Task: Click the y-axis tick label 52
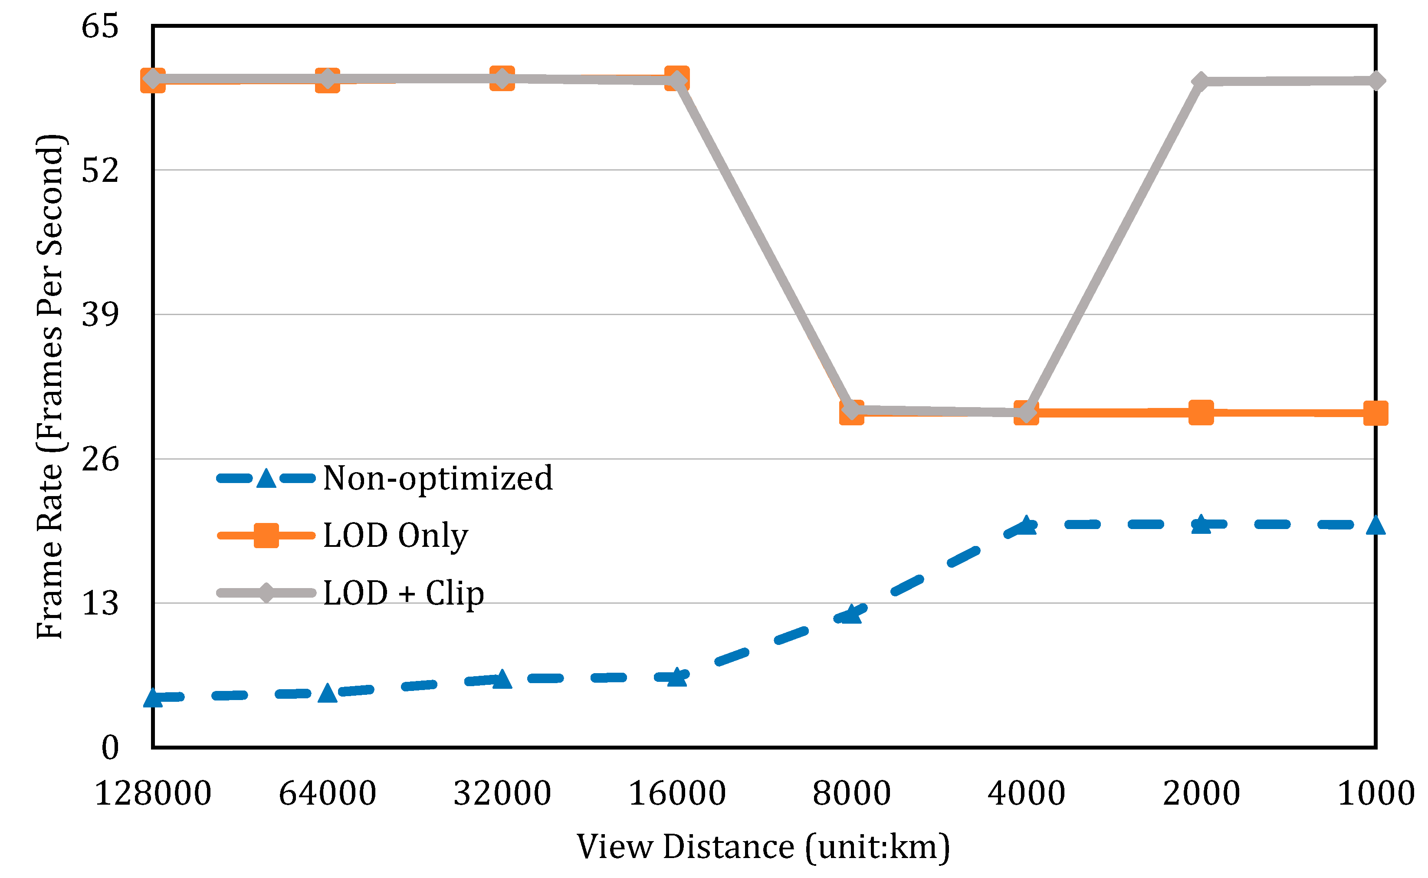click(100, 171)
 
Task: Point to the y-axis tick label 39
click(100, 315)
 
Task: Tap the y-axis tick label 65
click(100, 27)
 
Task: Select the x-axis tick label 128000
click(153, 793)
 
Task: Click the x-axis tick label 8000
click(852, 793)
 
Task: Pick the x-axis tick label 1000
click(1376, 793)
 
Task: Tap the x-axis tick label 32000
click(502, 793)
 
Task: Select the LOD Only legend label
click(395, 536)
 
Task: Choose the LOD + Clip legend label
click(404, 593)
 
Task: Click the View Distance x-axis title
click(763, 847)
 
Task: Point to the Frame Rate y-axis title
click(50, 387)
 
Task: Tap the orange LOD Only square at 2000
click(1201, 413)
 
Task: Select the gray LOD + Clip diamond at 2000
click(1201, 82)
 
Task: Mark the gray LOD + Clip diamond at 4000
click(1026, 412)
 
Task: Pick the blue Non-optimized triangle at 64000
click(328, 693)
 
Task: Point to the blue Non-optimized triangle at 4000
click(1026, 525)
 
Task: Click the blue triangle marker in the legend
click(266, 478)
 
